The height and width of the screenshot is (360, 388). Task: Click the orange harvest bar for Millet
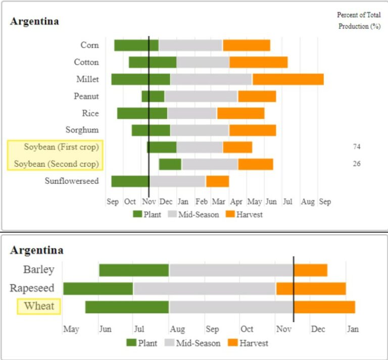click(288, 79)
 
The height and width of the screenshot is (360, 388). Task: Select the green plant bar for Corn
click(136, 45)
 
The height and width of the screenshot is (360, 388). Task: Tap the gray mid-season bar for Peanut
click(201, 96)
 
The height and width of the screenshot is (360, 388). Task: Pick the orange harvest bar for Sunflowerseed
click(217, 181)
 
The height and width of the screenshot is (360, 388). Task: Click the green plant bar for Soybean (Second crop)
click(170, 164)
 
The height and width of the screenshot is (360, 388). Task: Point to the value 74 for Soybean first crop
click(357, 147)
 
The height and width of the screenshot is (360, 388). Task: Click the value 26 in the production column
click(357, 164)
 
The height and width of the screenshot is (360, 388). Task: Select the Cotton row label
click(86, 62)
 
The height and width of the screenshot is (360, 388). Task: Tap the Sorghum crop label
click(82, 130)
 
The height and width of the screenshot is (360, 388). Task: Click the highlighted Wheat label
click(39, 306)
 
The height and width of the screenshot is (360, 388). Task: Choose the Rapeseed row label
click(32, 288)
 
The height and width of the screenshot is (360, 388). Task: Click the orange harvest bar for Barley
click(311, 270)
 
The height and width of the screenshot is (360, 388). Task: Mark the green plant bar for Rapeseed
click(98, 288)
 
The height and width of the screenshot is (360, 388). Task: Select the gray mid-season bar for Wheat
click(231, 306)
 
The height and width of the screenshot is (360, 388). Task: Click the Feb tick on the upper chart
click(201, 202)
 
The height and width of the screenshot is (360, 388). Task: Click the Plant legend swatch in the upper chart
click(137, 215)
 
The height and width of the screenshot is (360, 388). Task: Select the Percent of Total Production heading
click(359, 21)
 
